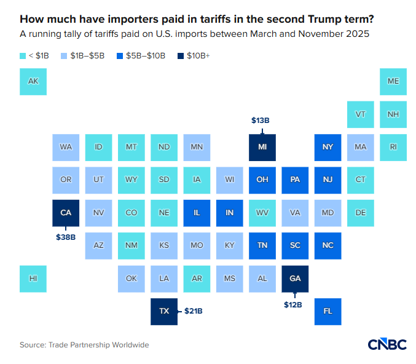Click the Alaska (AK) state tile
(x=33, y=81)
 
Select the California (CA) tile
(x=66, y=213)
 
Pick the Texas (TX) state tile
(x=164, y=311)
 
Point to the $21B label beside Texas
(x=193, y=311)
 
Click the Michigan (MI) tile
(x=262, y=147)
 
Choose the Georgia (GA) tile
(x=295, y=279)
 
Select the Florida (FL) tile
(x=328, y=311)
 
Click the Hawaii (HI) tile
(x=33, y=279)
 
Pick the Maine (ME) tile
(x=393, y=81)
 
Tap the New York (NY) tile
(x=328, y=147)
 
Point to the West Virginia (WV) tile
(x=262, y=213)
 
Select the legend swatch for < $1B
(x=23, y=56)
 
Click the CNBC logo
(x=387, y=345)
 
